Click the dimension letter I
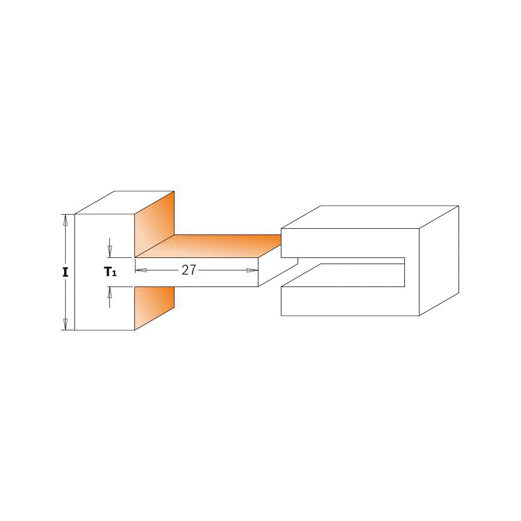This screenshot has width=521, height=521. [65, 272]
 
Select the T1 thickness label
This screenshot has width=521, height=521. [110, 271]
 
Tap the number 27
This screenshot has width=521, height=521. [189, 270]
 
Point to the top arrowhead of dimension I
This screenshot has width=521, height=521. [65, 220]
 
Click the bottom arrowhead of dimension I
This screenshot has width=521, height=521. [65, 324]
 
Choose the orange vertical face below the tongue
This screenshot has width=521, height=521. [154, 307]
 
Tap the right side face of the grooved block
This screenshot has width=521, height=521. [439, 260]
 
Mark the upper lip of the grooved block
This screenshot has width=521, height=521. [349, 243]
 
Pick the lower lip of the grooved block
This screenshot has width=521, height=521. [349, 302]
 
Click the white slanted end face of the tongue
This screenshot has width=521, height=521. [278, 271]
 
